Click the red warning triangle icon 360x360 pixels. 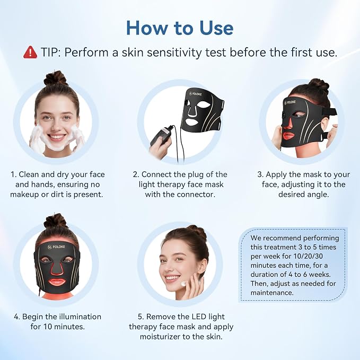click(x=30, y=52)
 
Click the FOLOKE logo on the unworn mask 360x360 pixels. click(x=196, y=94)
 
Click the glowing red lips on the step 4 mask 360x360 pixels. click(x=57, y=282)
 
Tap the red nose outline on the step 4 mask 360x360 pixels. click(x=57, y=268)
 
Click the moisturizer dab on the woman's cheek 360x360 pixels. click(x=184, y=284)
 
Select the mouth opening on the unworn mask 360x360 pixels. click(x=194, y=121)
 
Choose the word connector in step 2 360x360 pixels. click(x=196, y=195)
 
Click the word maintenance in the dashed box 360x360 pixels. click(x=272, y=293)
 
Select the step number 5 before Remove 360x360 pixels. click(x=141, y=317)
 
